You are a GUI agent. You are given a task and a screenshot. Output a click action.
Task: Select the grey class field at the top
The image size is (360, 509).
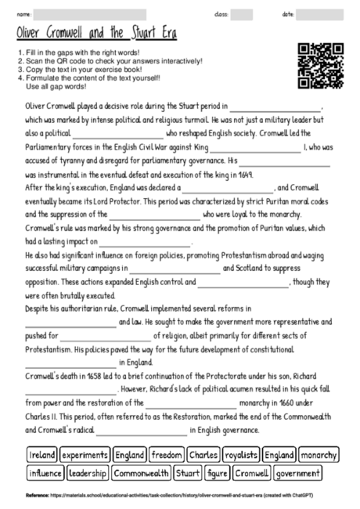242,14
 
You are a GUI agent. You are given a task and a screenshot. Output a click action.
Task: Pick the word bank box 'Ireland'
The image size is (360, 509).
42,455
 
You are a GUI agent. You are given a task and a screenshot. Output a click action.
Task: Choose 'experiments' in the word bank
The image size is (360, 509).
85,455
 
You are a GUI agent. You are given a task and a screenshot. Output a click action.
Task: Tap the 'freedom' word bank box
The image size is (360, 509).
167,455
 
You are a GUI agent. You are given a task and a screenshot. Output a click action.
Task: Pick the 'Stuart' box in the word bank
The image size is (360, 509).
188,473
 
